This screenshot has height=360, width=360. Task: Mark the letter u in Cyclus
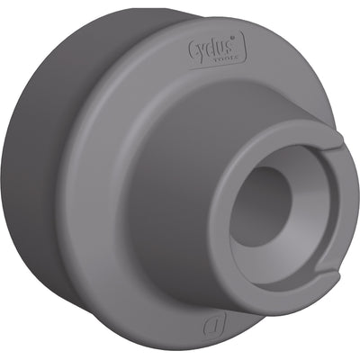point(222,45)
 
